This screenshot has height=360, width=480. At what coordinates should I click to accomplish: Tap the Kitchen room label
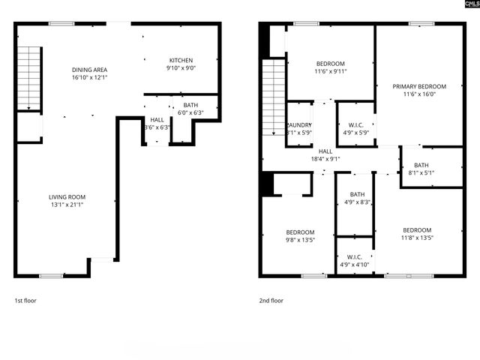click(181, 60)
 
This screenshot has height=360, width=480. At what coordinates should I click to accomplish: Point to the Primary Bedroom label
click(419, 86)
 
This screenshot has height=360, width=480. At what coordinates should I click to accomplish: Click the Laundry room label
click(299, 124)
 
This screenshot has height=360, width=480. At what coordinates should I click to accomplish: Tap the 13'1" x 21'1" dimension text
click(66, 206)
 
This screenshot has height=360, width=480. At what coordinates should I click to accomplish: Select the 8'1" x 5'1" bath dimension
click(421, 173)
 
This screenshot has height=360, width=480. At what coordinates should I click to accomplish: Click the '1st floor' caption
click(25, 301)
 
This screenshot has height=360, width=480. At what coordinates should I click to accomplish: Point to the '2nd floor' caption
click(271, 301)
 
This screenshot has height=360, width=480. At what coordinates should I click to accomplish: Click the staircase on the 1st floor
click(28, 78)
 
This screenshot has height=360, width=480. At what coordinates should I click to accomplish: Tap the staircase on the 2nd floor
click(273, 97)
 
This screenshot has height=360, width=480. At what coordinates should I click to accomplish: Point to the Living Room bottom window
click(52, 276)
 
